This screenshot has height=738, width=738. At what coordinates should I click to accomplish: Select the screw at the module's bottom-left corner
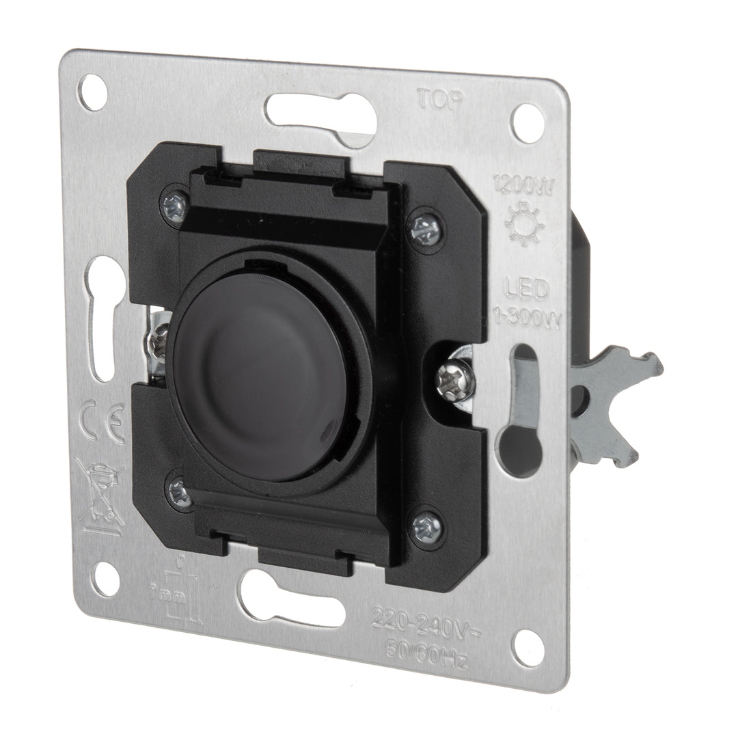[180, 490]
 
